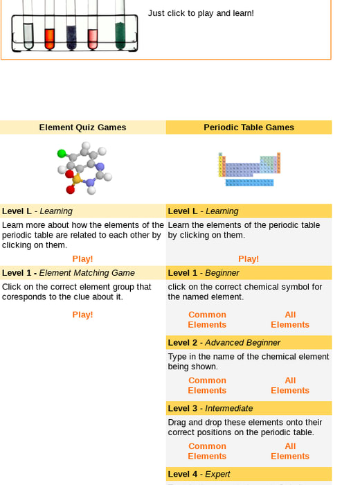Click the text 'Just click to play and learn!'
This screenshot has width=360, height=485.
pyautogui.click(x=201, y=13)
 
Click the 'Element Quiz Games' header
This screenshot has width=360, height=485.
pyautogui.click(x=82, y=127)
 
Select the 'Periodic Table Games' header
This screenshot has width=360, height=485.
pyautogui.click(x=249, y=127)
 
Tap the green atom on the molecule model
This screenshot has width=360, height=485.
pyautogui.click(x=62, y=153)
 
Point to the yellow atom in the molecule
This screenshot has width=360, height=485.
pyautogui.click(x=76, y=179)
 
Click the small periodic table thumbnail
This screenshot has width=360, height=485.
pyautogui.click(x=249, y=169)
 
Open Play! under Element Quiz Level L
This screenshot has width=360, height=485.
pyautogui.click(x=82, y=259)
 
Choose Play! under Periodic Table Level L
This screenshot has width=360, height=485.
pyautogui.click(x=249, y=259)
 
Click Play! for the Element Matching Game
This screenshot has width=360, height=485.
pyautogui.click(x=82, y=315)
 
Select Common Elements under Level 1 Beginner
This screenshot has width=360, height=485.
pyautogui.click(x=207, y=319)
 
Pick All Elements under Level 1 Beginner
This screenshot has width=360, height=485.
pyautogui.click(x=290, y=319)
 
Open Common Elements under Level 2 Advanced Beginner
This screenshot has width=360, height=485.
pyautogui.click(x=207, y=385)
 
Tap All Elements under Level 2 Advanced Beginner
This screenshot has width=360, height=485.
pyautogui.click(x=290, y=385)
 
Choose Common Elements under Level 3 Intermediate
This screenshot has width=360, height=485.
pyautogui.click(x=207, y=451)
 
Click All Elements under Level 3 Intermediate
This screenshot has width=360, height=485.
pyautogui.click(x=290, y=451)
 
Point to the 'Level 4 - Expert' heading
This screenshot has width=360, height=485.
pyautogui.click(x=199, y=474)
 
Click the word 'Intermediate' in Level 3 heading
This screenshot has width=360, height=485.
pyautogui.click(x=229, y=408)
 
